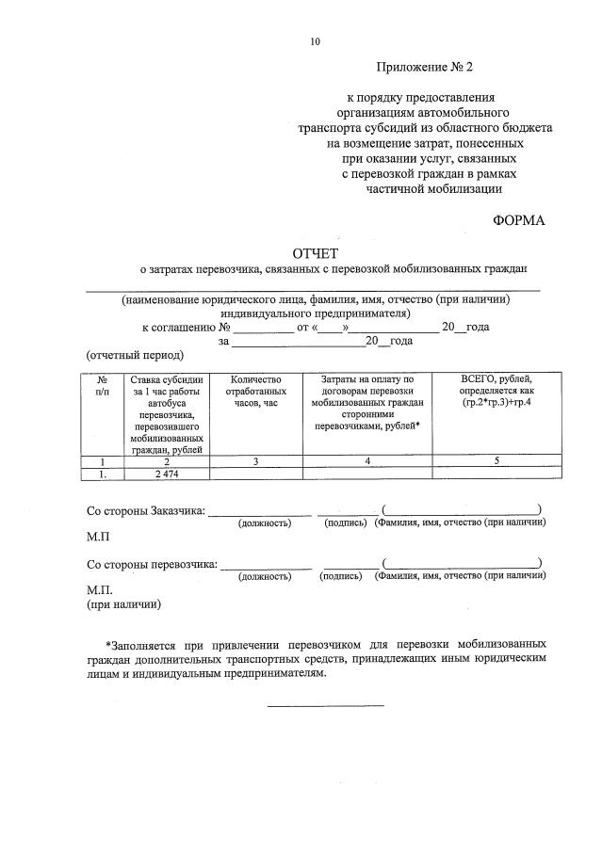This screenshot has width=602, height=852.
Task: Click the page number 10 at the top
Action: click(x=315, y=40)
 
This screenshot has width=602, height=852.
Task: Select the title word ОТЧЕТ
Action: click(x=315, y=252)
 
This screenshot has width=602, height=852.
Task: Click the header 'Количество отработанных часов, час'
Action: click(x=256, y=391)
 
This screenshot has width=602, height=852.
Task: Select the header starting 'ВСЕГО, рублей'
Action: click(x=497, y=391)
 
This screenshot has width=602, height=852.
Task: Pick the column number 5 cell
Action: click(x=496, y=460)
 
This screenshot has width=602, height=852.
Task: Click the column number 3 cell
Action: click(x=256, y=460)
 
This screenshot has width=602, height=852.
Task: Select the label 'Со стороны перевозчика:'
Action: click(x=151, y=565)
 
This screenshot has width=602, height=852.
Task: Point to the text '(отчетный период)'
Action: click(x=129, y=356)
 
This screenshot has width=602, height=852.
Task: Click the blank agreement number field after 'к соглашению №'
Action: click(x=263, y=327)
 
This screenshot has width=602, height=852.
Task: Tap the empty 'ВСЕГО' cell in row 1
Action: click(x=496, y=474)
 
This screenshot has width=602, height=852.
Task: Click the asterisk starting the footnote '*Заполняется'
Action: click(x=108, y=646)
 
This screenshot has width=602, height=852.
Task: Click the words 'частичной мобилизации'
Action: click(x=433, y=188)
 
